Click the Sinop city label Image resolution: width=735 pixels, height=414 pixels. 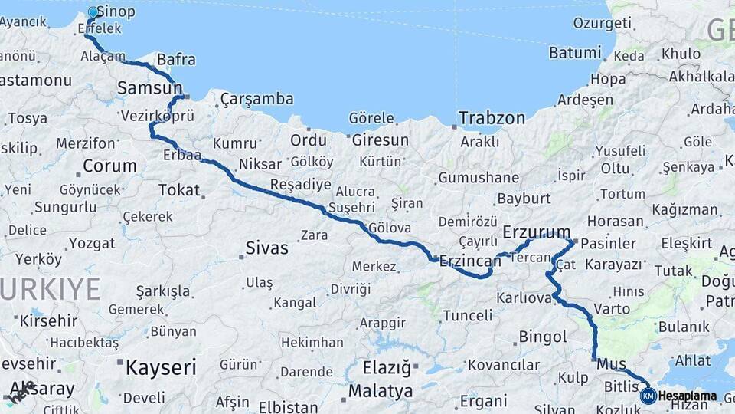117,11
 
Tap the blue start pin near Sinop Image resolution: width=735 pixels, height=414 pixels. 93,13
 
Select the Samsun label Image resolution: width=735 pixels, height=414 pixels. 149,89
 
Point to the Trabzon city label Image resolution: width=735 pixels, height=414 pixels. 492,118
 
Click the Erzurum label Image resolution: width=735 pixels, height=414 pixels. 537,232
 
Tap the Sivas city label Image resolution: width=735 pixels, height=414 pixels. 267,248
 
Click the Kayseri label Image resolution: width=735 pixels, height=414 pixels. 161,367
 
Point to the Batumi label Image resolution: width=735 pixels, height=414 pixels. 575,53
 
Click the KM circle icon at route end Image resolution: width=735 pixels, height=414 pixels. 648,396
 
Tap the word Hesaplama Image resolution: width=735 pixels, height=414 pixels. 688,396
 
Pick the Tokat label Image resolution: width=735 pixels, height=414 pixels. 179,190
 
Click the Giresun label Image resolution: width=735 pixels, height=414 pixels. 381,141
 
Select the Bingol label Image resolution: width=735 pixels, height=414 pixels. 543,337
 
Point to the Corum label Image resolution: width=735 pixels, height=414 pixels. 109,166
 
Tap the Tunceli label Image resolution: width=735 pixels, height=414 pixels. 468,315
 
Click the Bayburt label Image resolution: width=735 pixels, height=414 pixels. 524,199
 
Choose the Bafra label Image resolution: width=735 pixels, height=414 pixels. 176,60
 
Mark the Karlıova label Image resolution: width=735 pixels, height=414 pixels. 524,297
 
